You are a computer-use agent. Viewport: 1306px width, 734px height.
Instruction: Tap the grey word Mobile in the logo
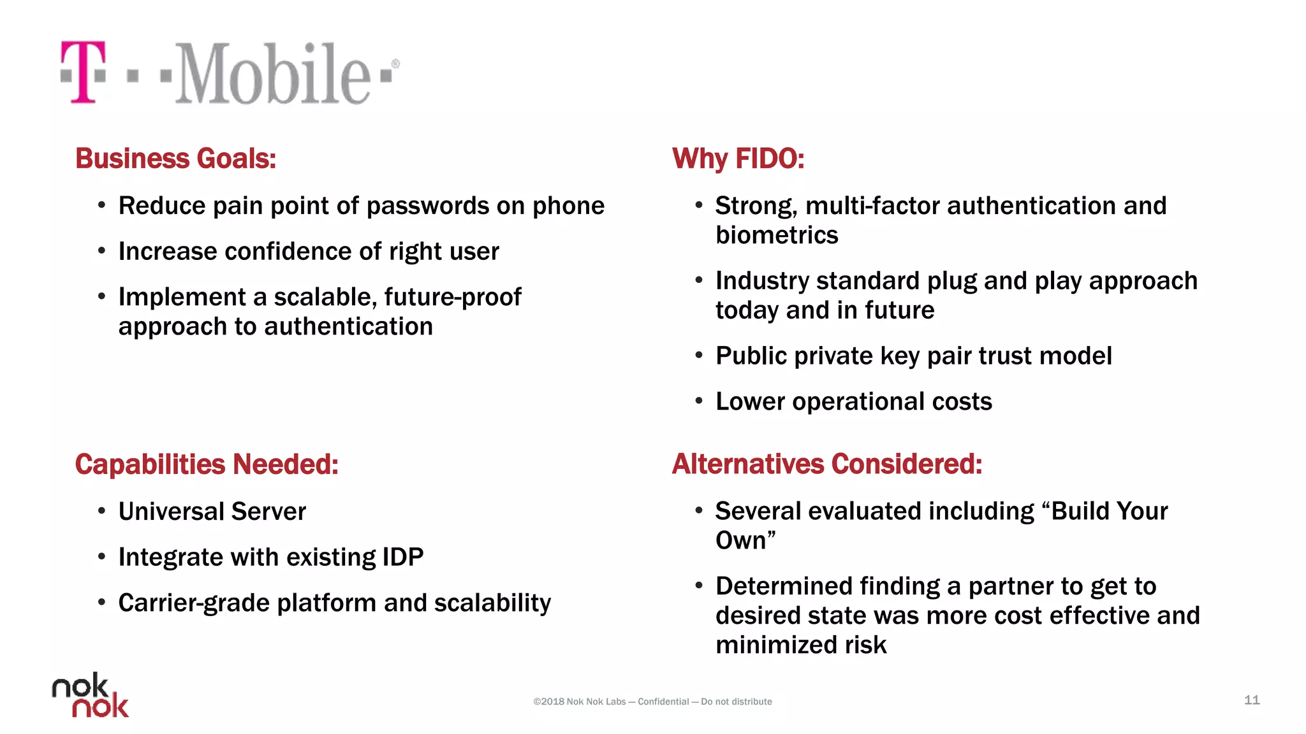(x=272, y=73)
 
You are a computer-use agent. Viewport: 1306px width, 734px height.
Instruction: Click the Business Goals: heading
(x=175, y=159)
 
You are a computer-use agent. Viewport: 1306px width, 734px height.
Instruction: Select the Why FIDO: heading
(x=738, y=159)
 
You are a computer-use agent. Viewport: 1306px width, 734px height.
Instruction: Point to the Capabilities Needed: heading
(x=206, y=464)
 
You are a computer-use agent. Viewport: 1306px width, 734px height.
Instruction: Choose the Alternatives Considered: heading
(x=826, y=464)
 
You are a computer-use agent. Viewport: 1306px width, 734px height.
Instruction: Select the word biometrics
(x=776, y=236)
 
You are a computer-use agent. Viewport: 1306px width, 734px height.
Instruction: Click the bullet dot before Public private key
(x=699, y=356)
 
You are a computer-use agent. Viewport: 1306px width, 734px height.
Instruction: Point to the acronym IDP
(x=402, y=558)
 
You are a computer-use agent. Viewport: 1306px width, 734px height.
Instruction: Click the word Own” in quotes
(x=745, y=541)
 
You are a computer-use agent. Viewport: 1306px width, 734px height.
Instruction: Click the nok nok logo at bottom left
(x=90, y=695)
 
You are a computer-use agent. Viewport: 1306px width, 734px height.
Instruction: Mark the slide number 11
(x=1251, y=700)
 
